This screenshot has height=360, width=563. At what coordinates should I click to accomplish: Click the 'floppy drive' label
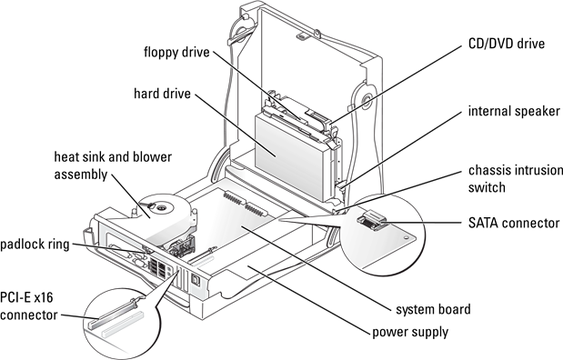click(176, 53)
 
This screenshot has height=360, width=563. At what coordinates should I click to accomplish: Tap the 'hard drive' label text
click(162, 94)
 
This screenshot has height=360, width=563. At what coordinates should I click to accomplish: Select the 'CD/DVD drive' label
click(507, 44)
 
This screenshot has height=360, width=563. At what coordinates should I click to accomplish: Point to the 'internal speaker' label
click(514, 111)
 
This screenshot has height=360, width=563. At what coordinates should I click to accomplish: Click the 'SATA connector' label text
click(514, 223)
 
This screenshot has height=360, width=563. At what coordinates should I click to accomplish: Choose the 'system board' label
click(433, 309)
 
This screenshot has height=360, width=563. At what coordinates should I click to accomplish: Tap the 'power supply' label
click(410, 333)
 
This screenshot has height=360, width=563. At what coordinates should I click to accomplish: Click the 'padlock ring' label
click(35, 245)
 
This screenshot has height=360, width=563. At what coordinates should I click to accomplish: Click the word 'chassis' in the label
click(489, 170)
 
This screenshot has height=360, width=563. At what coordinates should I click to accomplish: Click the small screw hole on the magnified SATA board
click(406, 237)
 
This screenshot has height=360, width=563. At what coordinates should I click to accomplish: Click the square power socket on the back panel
click(196, 279)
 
